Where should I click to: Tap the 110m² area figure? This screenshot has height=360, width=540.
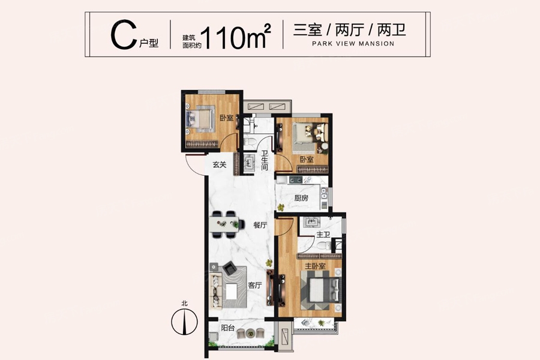coord(235,35)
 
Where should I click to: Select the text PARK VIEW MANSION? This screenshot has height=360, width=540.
coord(353,44)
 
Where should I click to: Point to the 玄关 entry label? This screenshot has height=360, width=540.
coord(220,164)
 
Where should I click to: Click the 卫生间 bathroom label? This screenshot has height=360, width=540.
coord(264,160)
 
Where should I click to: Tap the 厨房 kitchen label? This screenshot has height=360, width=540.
coord(301,198)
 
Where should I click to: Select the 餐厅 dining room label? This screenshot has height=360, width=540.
coord(260,226)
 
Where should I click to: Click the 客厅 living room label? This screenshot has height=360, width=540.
coord(255,285)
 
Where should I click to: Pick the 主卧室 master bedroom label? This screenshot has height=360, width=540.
coord(315,266)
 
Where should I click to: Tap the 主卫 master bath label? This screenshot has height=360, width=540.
coord(323,235)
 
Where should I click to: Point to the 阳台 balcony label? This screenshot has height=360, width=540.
coord(227,328)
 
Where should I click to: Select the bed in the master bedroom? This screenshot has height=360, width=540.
coord(320,290)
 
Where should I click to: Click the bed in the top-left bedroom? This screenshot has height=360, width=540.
coord(200,119)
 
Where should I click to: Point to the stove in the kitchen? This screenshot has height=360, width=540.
coord(295,179)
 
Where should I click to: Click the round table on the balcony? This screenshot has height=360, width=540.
coord(250,333)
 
